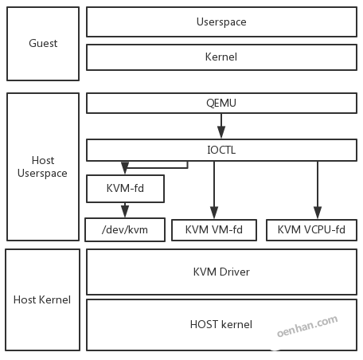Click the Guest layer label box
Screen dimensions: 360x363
[43, 43]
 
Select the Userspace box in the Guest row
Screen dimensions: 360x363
[221, 22]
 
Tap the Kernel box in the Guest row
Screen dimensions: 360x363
[221, 57]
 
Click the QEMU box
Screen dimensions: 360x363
[221, 104]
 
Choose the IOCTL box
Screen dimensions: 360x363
[221, 149]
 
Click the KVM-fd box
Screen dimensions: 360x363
[124, 189]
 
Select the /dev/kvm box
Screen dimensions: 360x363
[124, 229]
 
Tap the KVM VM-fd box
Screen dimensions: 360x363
[214, 229]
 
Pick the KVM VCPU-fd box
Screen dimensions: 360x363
[311, 229]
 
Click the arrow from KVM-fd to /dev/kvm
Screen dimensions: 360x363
[124, 209]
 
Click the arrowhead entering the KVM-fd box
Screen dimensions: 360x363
[124, 170]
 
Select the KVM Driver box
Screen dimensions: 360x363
[221, 272]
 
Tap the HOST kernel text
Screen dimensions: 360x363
[221, 324]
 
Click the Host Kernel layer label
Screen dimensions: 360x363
[43, 299]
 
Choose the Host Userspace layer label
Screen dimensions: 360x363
[43, 166]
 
